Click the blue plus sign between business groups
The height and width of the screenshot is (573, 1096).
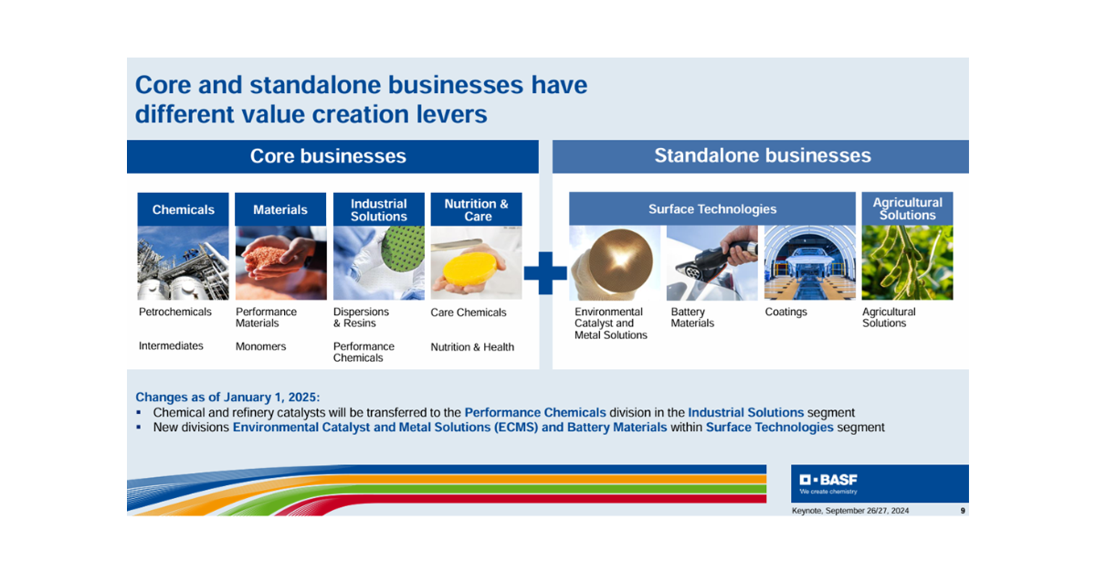[x=545, y=273]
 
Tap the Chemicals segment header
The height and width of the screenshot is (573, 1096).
[x=183, y=209]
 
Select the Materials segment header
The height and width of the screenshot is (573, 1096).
[x=280, y=209]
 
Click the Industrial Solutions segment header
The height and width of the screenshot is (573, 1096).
[x=379, y=209]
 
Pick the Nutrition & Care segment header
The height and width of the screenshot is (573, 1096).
[x=476, y=209]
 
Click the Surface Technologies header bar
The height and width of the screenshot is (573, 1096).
[x=712, y=208]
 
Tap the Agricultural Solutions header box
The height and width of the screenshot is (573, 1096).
[x=907, y=208]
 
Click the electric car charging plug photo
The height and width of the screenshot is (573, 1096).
[x=711, y=262]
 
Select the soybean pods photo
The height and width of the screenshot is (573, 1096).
[x=907, y=262]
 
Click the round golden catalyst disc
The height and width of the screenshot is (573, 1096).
[x=620, y=261]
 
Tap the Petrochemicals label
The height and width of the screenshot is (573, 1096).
[x=175, y=312]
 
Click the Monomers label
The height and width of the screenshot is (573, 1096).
[x=261, y=346]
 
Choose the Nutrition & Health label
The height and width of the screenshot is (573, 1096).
[x=472, y=346]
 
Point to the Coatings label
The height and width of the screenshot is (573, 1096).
[x=785, y=312]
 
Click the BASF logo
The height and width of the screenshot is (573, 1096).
[x=828, y=483]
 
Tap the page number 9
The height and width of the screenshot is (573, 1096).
[x=963, y=511]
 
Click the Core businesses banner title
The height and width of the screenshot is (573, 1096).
[x=328, y=156]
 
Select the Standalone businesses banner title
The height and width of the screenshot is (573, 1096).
[x=763, y=155]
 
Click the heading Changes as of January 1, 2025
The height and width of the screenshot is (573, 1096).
[x=227, y=397]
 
